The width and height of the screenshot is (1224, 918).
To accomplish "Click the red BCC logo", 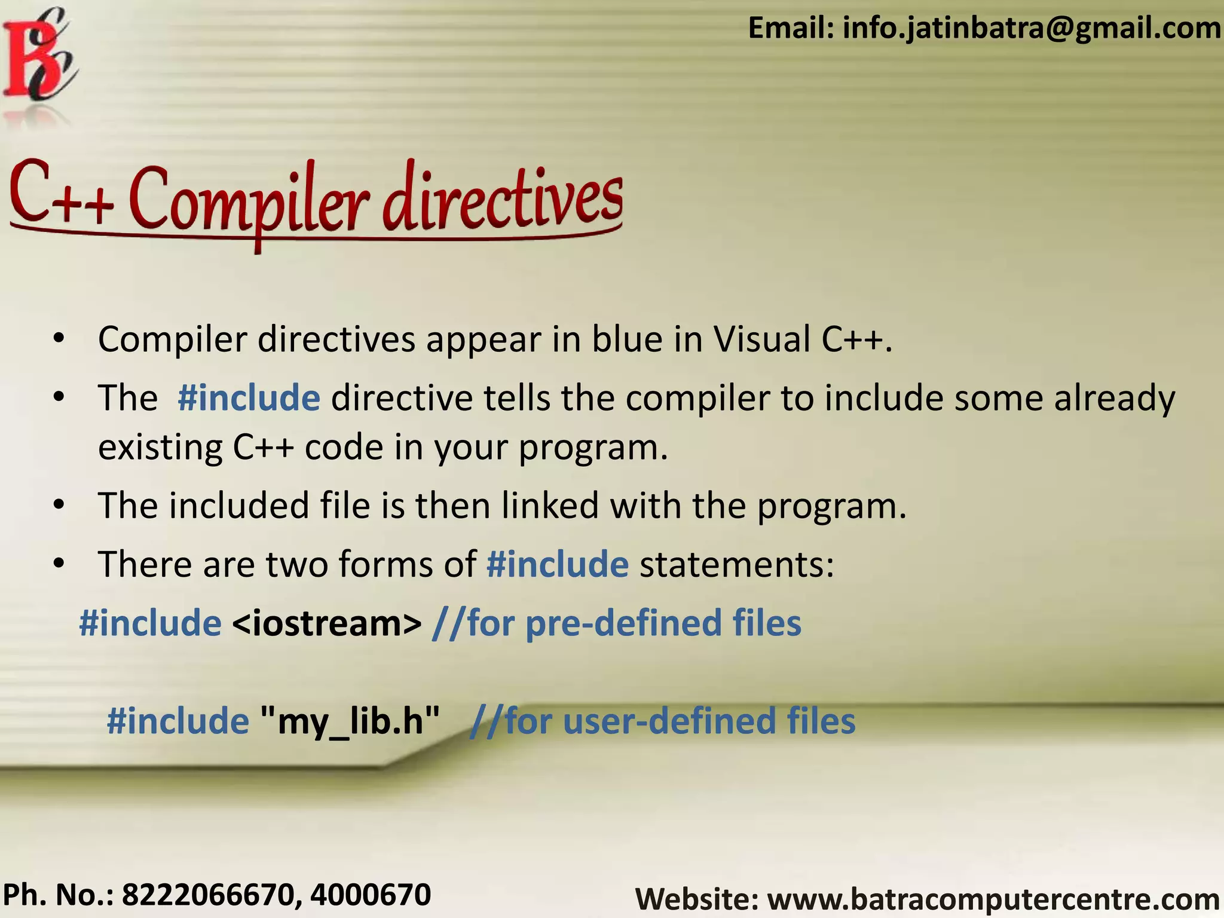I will [39, 57].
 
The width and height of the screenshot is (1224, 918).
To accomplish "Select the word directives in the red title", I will [502, 197].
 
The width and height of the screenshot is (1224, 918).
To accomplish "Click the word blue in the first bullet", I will [627, 339].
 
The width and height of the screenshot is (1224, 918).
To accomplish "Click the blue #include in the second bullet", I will [249, 398].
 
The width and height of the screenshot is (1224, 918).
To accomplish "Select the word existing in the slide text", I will [160, 447].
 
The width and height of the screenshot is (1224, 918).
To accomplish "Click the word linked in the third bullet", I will [550, 506].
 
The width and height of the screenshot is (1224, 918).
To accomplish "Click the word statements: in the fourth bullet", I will [737, 564].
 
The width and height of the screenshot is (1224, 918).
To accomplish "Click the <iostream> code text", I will [326, 623].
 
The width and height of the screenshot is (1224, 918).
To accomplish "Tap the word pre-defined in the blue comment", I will [623, 623].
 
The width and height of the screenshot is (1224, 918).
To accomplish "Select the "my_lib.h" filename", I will [351, 721].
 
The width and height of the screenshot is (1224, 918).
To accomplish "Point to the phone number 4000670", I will [371, 895].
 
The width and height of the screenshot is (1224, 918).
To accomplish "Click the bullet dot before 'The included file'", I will [58, 506].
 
